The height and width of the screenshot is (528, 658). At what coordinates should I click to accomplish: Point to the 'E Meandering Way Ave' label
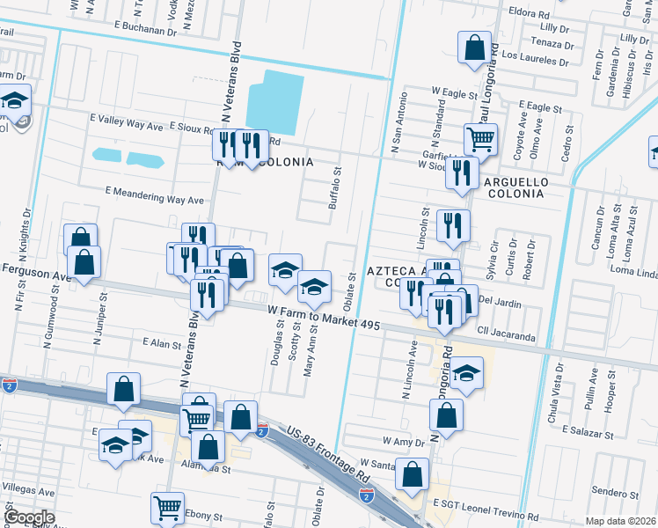pos(154,190)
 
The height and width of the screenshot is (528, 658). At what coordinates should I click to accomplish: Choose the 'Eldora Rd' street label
pos(529,14)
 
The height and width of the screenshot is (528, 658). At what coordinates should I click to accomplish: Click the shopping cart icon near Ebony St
pos(166,508)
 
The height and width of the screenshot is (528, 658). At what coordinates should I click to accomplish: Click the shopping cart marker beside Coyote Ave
pos(480,138)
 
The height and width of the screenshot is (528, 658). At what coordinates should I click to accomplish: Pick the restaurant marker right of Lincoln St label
pos(453,224)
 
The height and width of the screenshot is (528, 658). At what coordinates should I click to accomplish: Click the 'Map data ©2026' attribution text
pos(620,521)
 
